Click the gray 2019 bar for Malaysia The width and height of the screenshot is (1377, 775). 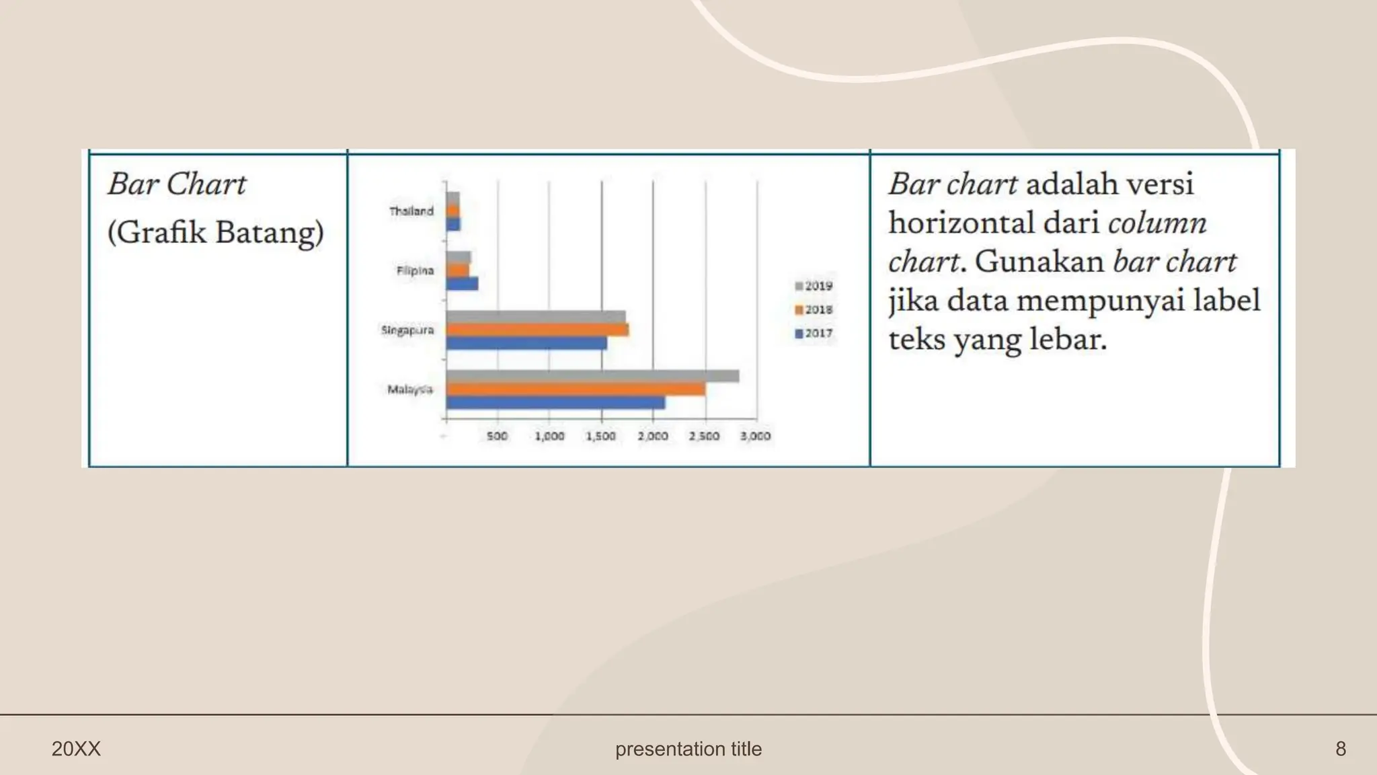click(592, 376)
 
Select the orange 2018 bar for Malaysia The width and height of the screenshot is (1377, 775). click(576, 390)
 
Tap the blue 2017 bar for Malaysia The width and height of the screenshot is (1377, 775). click(555, 402)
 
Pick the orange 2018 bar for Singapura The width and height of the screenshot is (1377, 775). click(537, 330)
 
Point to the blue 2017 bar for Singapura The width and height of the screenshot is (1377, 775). click(526, 343)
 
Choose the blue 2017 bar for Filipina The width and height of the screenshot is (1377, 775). click(462, 284)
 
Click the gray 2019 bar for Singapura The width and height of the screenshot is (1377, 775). click(536, 316)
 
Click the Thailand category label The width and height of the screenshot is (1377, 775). click(411, 211)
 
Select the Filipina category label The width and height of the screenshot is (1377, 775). click(415, 270)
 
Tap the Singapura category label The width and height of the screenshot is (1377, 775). click(407, 330)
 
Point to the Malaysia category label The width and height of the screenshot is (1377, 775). click(410, 390)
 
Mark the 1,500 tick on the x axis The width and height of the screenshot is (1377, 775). click(601, 436)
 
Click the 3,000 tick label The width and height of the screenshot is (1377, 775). click(755, 436)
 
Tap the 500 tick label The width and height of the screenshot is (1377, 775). click(497, 436)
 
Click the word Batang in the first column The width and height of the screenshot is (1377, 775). click(269, 233)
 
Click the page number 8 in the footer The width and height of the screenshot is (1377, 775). click(1340, 749)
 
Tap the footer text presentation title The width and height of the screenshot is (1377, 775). click(688, 749)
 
